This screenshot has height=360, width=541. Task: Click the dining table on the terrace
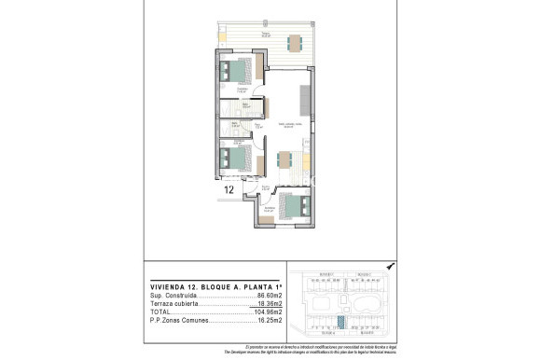coord(294,42)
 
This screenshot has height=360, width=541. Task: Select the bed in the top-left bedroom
coord(237,72)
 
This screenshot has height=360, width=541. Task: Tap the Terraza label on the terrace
coord(266,35)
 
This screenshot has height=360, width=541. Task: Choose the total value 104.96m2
coord(268,312)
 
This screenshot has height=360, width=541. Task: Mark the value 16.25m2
coord(270,322)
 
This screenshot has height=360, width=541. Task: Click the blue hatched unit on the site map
coord(340,321)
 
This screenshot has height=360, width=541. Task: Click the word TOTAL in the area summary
coord(160,312)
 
